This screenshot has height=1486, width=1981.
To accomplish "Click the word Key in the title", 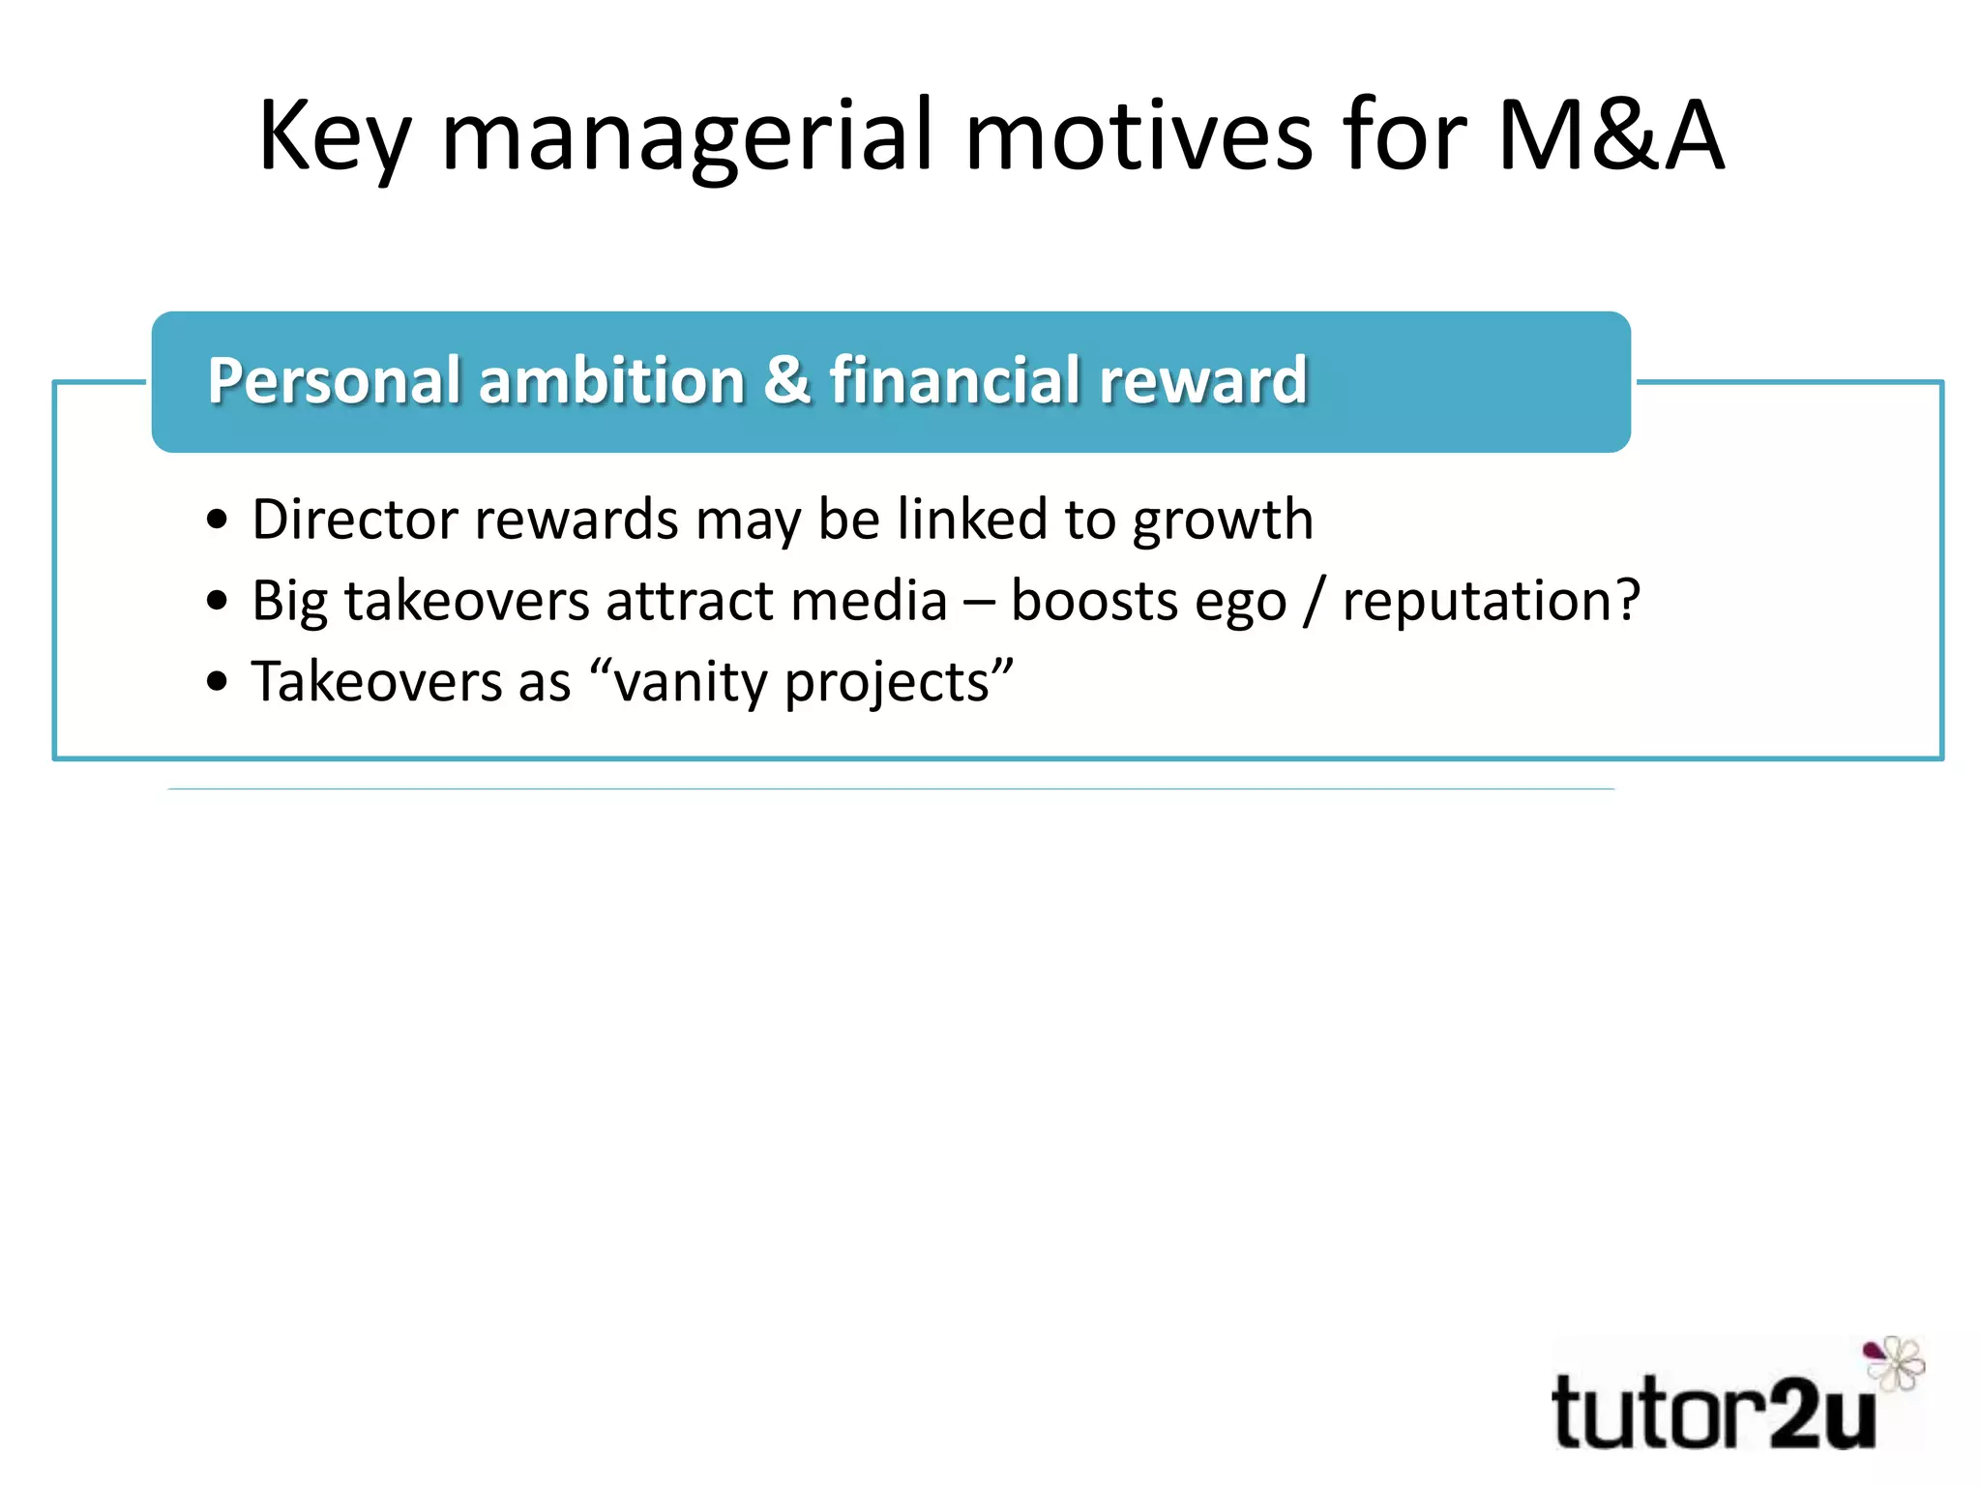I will point(335,137).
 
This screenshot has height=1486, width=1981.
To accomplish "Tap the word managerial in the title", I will point(687,137).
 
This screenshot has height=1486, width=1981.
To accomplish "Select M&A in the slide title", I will point(1611,137).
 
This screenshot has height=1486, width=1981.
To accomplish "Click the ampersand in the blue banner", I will point(786,380).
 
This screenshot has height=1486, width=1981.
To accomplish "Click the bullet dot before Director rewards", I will point(218,520).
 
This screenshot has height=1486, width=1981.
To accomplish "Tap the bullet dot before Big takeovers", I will point(218,602).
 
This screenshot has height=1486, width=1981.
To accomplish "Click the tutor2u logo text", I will point(1712,1413).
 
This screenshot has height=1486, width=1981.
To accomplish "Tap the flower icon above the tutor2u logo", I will point(1894,1362).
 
